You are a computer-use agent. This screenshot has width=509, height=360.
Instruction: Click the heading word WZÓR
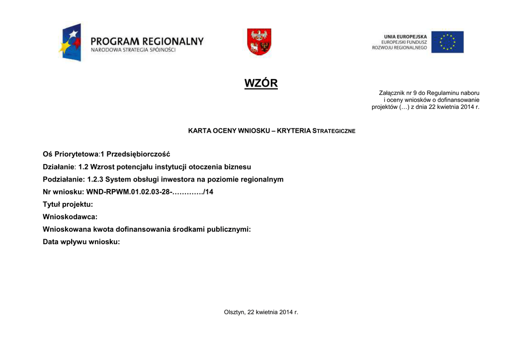(261, 83)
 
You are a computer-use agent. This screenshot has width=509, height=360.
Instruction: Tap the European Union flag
(447, 42)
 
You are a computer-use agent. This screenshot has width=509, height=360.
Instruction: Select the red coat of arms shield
(259, 42)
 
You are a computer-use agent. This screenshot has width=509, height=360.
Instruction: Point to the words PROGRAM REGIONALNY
(147, 41)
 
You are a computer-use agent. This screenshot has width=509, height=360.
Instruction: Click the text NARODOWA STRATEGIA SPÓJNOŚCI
(133, 50)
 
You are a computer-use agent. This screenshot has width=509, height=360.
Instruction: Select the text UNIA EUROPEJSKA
(405, 36)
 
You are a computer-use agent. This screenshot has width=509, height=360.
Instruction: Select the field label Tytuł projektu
(68, 204)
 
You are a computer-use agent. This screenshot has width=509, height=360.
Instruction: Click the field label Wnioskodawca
(70, 217)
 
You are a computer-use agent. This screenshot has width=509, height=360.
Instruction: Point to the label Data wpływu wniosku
(82, 242)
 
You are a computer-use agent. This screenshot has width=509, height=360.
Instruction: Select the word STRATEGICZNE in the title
(334, 131)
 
